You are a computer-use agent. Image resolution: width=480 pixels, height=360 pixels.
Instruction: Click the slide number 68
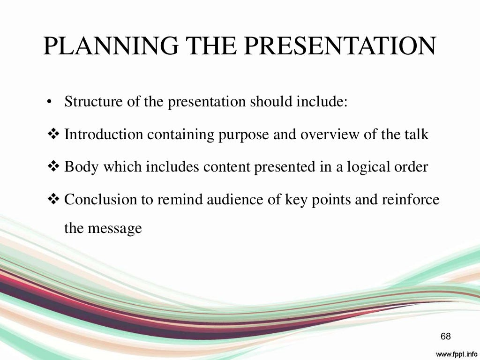pos(445,336)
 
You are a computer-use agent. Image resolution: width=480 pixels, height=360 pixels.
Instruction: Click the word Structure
pos(91,102)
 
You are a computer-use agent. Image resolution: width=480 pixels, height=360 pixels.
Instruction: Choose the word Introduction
pos(104,135)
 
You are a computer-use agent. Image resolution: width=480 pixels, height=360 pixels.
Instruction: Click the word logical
pos(367,167)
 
